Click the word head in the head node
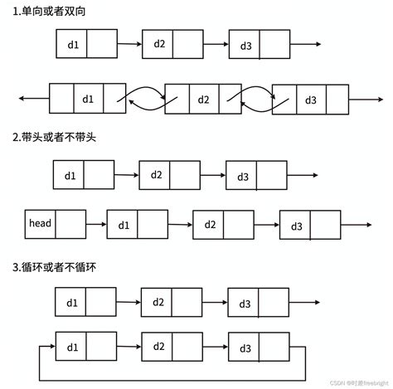click(40, 224)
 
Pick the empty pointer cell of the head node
click(70, 224)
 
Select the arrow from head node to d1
click(96, 224)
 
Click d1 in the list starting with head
click(124, 225)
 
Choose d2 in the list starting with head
click(210, 225)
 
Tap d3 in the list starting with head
click(297, 226)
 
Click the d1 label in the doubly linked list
click(89, 99)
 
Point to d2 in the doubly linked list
click(204, 100)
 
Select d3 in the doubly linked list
click(311, 100)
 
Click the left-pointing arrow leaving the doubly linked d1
click(33, 99)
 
